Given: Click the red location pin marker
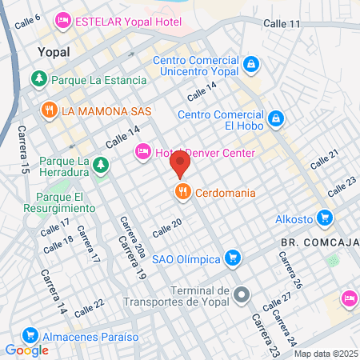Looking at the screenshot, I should [x=181, y=164].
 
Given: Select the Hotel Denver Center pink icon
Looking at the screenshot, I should [x=144, y=151].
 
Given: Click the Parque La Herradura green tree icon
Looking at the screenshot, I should [x=100, y=165].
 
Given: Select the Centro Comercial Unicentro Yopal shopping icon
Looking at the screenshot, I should [x=251, y=62].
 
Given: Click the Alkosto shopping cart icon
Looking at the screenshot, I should [x=324, y=217].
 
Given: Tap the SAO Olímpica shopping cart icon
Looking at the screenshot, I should [x=232, y=257].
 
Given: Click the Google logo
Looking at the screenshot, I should [x=26, y=350].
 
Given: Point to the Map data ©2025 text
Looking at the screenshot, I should [x=325, y=354].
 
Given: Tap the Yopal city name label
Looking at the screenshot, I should [x=54, y=52].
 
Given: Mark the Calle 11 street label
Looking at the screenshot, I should [x=283, y=25].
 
